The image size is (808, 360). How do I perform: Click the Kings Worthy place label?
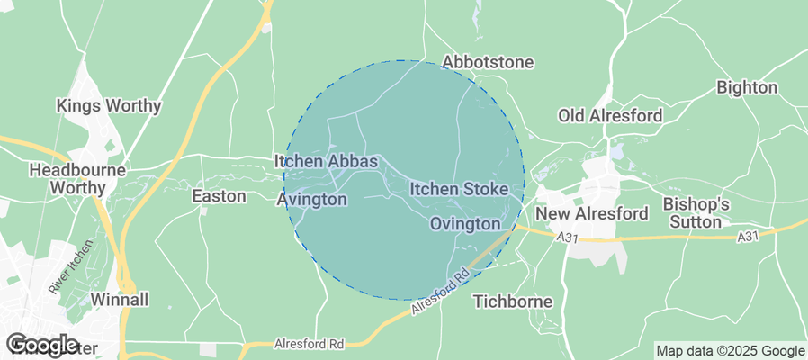109,106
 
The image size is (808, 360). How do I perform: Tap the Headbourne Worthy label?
67,178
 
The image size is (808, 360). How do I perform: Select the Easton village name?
220,195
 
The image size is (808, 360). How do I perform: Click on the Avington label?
311,199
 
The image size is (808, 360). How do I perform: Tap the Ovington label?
464,223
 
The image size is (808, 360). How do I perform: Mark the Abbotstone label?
489,63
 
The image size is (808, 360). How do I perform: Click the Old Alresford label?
610,116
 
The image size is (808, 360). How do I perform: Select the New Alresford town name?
591,214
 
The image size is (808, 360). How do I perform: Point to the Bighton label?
746,88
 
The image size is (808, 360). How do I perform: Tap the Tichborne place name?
512,301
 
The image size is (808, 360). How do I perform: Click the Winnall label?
119,299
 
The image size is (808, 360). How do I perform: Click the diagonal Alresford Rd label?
441,291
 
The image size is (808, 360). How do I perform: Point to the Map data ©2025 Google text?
730,351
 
